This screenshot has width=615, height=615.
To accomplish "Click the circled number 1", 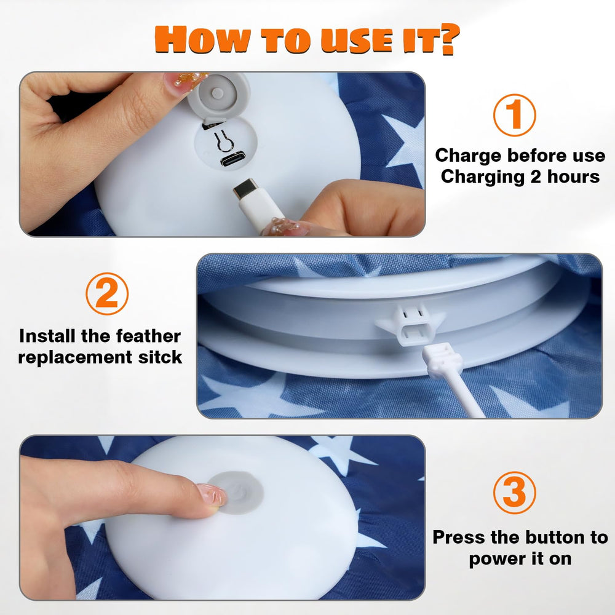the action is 514,115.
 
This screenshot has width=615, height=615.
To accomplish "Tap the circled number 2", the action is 106,294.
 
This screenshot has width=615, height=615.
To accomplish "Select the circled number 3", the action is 514,493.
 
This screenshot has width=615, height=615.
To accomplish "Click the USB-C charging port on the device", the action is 232,160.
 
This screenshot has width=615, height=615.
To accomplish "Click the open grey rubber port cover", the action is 218,95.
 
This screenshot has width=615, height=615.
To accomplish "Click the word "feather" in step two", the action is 149,336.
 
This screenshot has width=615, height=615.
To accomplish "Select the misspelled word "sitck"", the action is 160,357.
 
